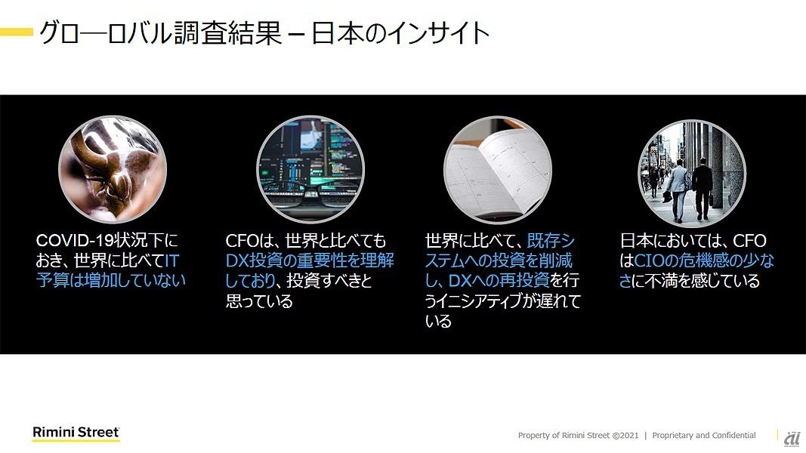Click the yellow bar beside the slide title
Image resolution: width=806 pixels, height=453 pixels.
[17, 32]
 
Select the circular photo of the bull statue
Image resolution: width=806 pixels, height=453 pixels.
[113, 169]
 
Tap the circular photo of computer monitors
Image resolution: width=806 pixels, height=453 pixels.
[310, 169]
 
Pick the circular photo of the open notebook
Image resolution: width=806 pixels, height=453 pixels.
[498, 169]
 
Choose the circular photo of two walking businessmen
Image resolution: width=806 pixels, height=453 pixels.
[692, 173]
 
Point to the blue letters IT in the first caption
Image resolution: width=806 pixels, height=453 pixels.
[171, 260]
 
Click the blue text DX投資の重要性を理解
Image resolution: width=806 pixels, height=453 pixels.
[310, 260]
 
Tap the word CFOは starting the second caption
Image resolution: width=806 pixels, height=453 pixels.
[250, 240]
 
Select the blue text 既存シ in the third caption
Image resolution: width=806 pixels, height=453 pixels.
[551, 240]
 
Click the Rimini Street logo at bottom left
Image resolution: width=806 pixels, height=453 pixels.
[76, 433]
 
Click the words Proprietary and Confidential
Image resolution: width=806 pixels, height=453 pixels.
[704, 435]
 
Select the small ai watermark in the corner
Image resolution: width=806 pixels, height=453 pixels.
[792, 438]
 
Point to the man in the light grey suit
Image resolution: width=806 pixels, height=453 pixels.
[677, 190]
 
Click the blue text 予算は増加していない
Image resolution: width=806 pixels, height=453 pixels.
[110, 280]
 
